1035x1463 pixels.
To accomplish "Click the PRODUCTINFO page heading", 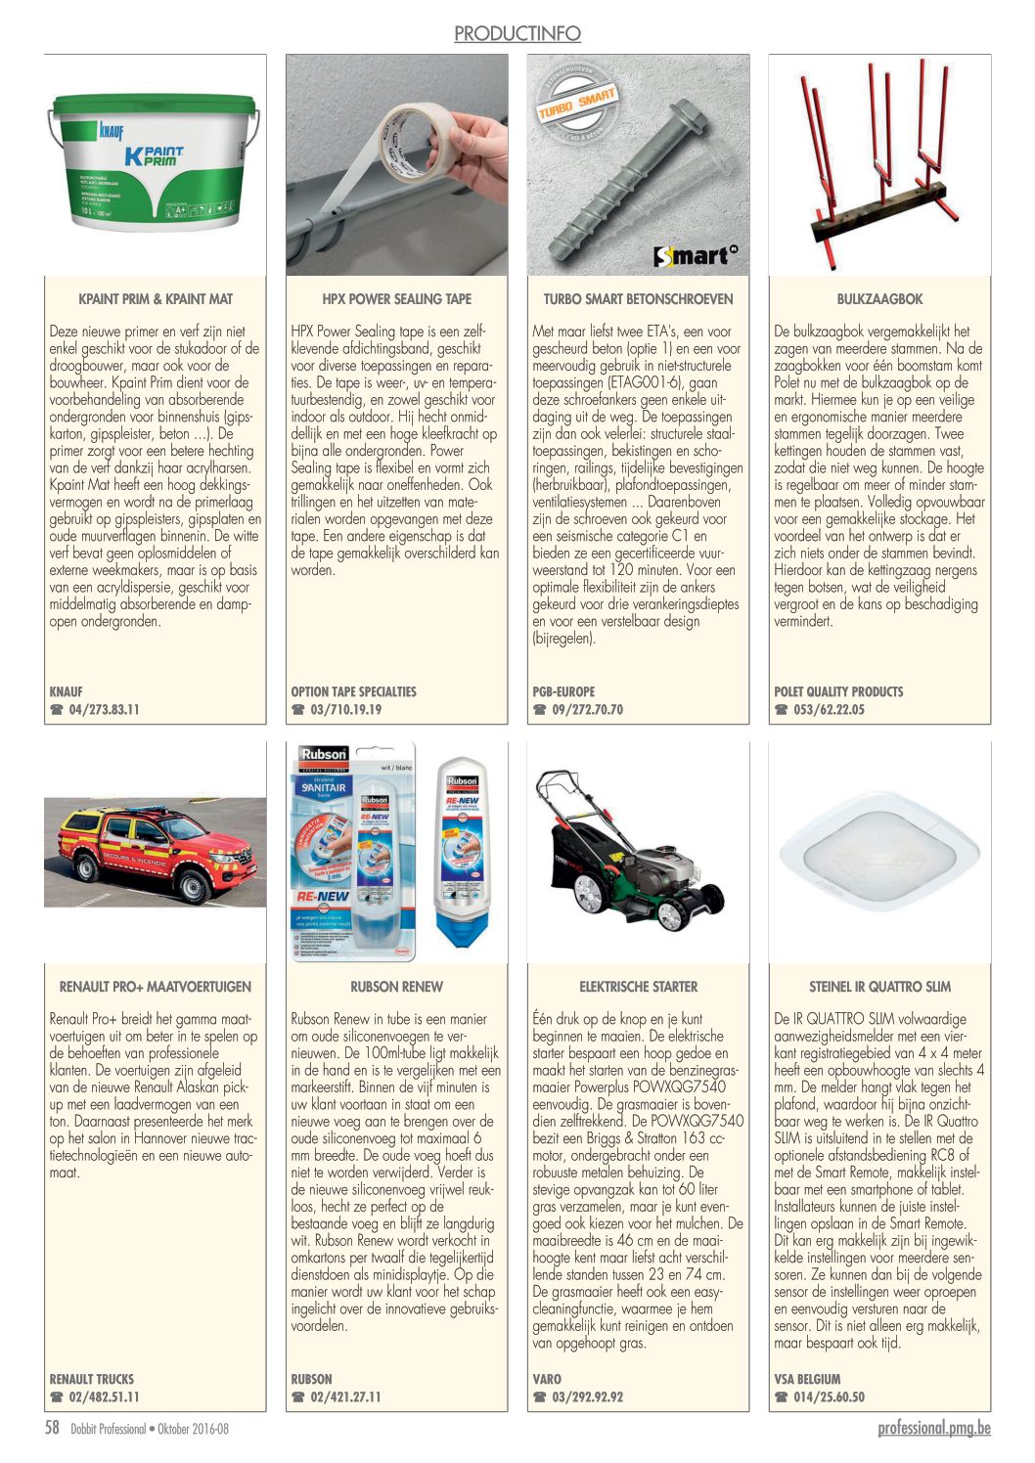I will (x=517, y=33).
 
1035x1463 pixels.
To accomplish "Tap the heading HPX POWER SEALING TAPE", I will (x=396, y=299).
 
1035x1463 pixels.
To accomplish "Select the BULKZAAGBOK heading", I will (x=879, y=299).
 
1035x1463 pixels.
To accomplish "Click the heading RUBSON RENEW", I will (x=396, y=987).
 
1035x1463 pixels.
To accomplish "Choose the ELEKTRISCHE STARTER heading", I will (x=638, y=987).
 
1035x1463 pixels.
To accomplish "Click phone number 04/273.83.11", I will (x=104, y=710).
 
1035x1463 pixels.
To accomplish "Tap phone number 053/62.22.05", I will (x=830, y=710).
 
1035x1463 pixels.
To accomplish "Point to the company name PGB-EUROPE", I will (x=563, y=691).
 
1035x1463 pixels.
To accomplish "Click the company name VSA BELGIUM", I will (x=807, y=1379).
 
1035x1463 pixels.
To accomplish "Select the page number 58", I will (x=53, y=1428).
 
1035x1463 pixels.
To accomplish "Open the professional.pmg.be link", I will (x=933, y=1428).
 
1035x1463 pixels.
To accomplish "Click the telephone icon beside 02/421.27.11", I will (x=298, y=1397).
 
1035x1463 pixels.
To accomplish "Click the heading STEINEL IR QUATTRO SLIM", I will (x=879, y=987).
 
